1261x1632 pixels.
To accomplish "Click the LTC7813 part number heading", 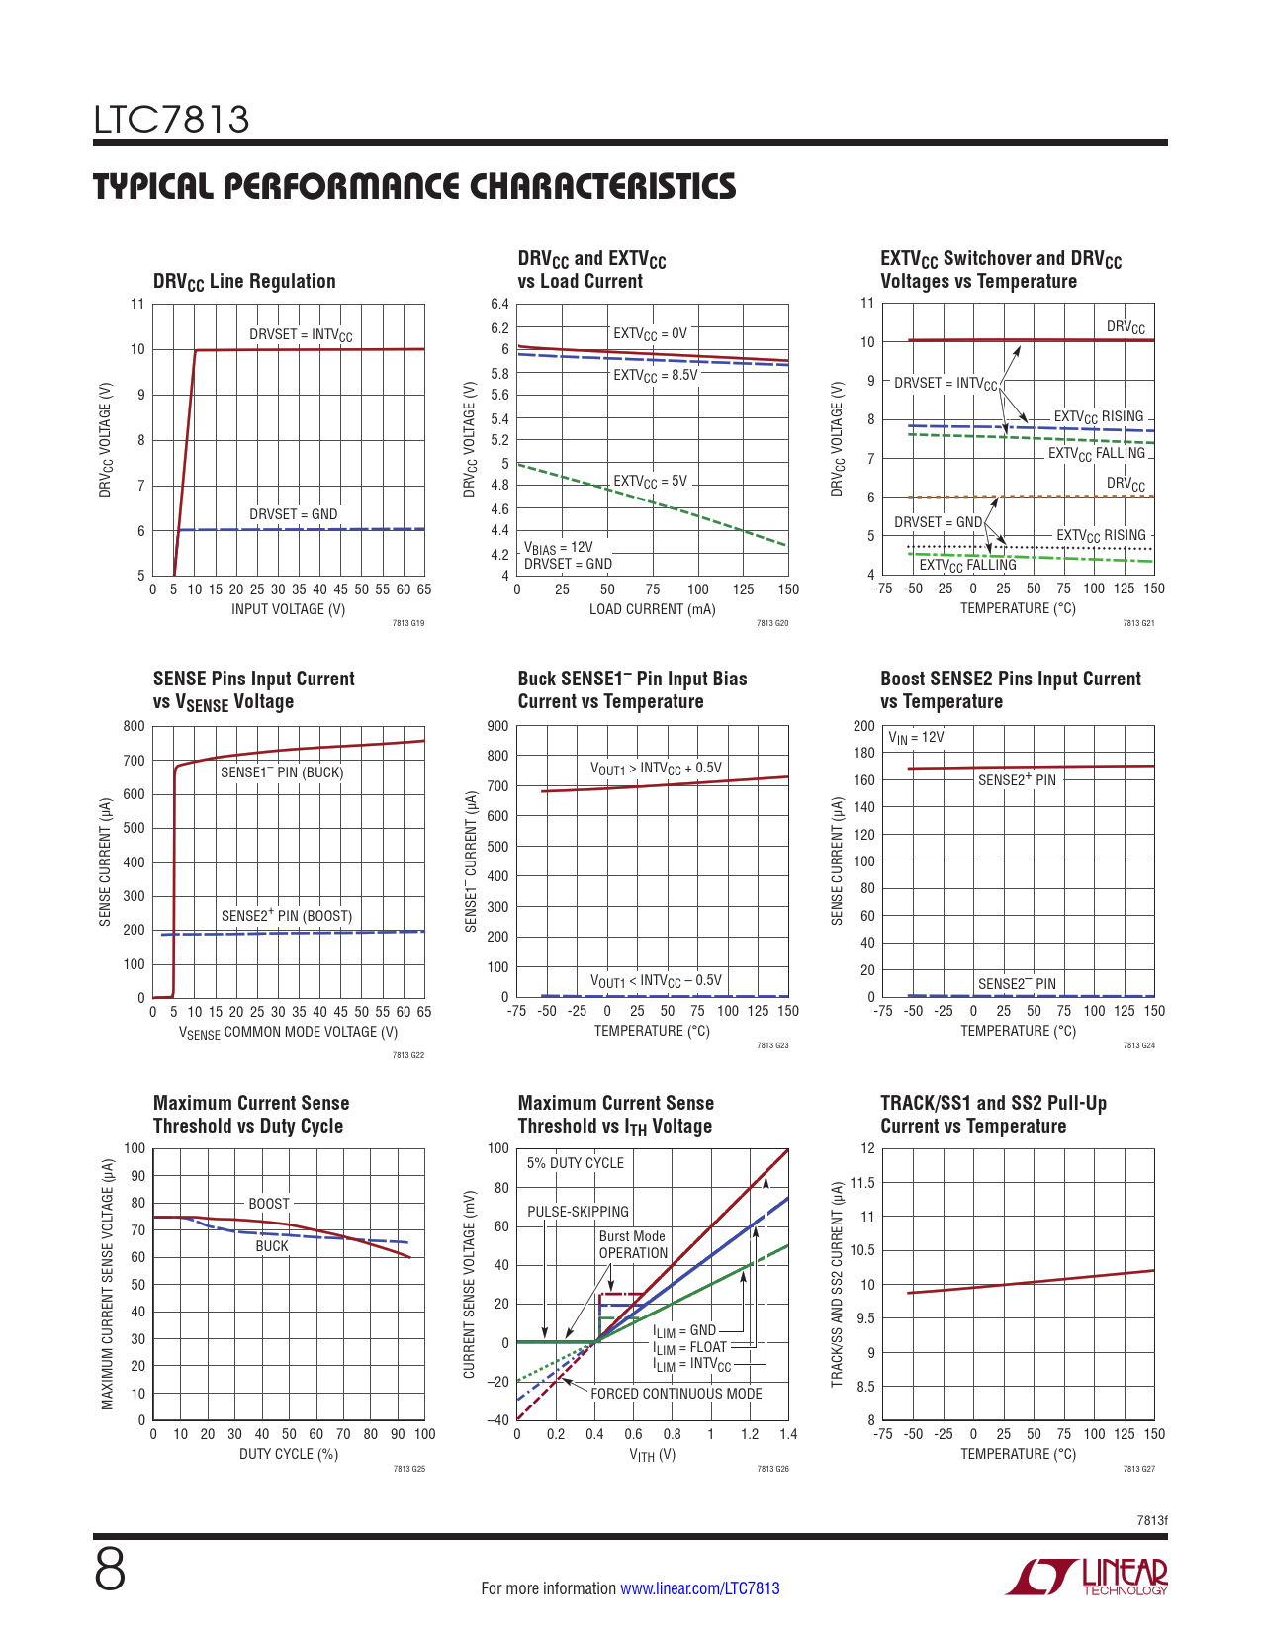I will pos(172,120).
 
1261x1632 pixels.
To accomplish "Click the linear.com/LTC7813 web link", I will pos(699,1588).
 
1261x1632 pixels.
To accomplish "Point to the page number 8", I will pos(110,1570).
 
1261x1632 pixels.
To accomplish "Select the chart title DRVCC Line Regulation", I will pos(244,282).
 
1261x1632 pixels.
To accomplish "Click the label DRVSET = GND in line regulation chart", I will pos(293,514).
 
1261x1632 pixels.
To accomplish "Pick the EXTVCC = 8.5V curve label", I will pos(655,376).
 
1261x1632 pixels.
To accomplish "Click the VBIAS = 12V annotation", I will pos(558,547).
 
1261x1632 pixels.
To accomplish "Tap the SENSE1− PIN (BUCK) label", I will pos(282,772).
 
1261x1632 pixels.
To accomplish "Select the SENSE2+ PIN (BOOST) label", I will pos(286,916).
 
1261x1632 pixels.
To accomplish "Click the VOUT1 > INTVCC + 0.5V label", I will pos(656,769).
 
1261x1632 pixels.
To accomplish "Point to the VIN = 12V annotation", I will pos(916,738).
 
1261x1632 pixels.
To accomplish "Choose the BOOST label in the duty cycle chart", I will pos(269,1204).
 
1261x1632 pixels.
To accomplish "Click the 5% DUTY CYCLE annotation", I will pos(575,1163).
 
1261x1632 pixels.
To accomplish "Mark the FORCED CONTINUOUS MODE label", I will pos(676,1394).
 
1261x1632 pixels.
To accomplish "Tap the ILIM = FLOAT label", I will pos(689,1347).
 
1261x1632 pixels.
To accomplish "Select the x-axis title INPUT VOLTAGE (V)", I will pos(289,609).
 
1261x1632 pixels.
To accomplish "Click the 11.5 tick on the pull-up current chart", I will pos(862,1183).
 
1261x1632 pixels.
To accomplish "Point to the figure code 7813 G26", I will pos(772,1469).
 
